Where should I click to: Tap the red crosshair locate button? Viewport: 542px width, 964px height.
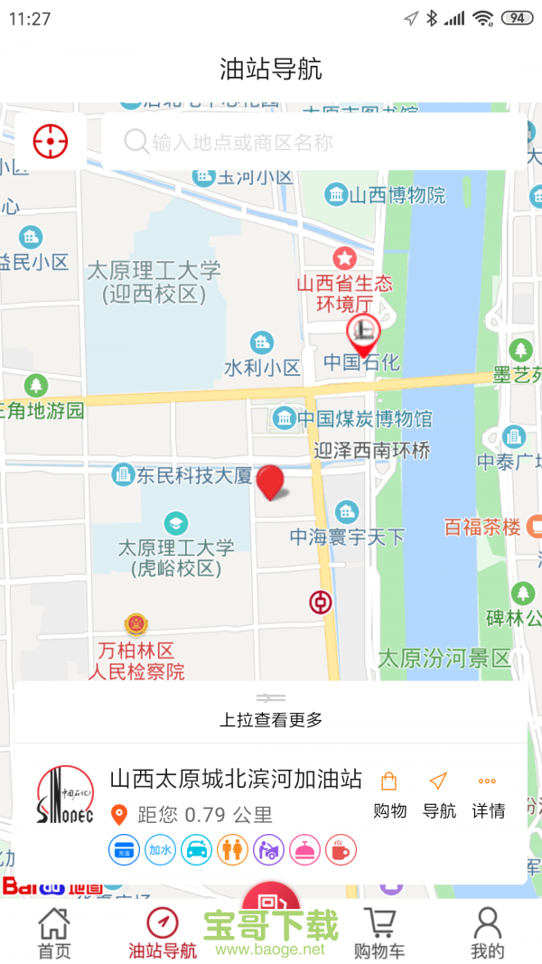(51, 141)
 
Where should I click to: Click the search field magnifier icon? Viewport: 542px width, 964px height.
(136, 142)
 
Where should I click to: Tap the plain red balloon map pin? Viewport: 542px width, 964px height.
(270, 482)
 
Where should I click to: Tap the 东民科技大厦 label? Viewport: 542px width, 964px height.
(193, 475)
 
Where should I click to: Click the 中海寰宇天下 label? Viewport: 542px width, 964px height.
(348, 537)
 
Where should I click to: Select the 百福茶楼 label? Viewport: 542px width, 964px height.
(482, 527)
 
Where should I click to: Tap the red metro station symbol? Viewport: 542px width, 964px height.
(321, 602)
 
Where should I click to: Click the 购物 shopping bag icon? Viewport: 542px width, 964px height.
(389, 781)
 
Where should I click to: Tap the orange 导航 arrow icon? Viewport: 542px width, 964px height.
(438, 781)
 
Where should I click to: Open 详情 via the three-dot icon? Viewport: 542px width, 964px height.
(487, 781)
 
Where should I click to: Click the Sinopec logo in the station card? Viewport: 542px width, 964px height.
(65, 795)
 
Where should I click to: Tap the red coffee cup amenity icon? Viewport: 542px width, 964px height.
(341, 849)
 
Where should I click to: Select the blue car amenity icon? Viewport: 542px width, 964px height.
(196, 849)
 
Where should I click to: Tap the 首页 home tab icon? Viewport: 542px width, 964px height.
(54, 924)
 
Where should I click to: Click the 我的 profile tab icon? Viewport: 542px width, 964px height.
(487, 924)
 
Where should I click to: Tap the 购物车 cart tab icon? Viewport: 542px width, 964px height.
(379, 924)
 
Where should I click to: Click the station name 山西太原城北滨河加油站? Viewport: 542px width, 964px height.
(236, 779)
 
